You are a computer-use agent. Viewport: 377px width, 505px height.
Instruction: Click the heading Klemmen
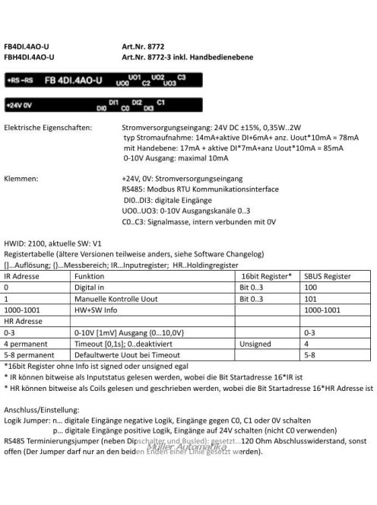[21, 180]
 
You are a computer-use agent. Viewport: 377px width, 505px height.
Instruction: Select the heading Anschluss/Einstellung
[46, 408]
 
